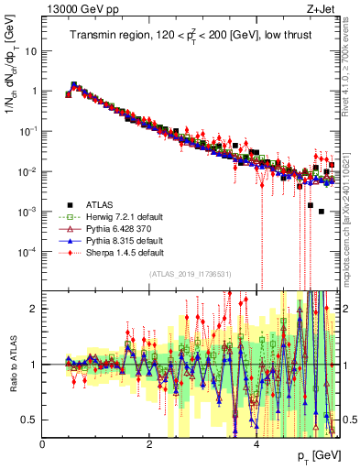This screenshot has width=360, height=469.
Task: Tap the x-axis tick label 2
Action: click(149, 444)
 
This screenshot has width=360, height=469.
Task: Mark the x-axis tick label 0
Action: click(43, 444)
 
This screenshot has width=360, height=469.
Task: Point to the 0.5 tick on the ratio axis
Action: click(30, 420)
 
